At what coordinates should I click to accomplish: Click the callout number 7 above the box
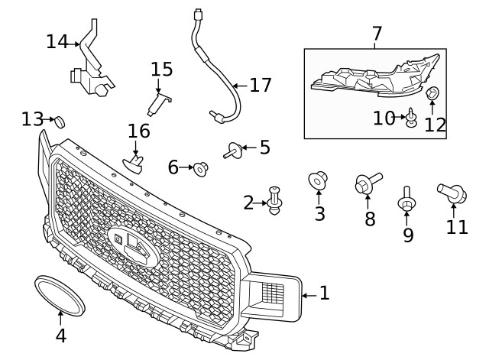pyautogui.click(x=376, y=34)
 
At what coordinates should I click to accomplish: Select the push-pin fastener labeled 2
pyautogui.click(x=275, y=199)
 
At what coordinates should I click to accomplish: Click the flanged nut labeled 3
pyautogui.click(x=318, y=181)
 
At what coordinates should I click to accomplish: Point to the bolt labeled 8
pyautogui.click(x=367, y=183)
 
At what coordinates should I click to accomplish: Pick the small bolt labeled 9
pyautogui.click(x=406, y=199)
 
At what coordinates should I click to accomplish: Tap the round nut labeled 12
pyautogui.click(x=432, y=94)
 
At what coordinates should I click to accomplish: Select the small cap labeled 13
pyautogui.click(x=58, y=120)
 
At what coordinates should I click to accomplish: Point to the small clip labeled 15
pyautogui.click(x=159, y=102)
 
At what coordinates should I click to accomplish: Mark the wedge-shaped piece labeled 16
pyautogui.click(x=134, y=163)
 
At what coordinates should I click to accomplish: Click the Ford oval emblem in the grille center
pyautogui.click(x=132, y=245)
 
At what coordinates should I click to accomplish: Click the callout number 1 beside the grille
pyautogui.click(x=324, y=293)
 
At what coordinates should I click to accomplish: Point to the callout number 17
pyautogui.click(x=260, y=85)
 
